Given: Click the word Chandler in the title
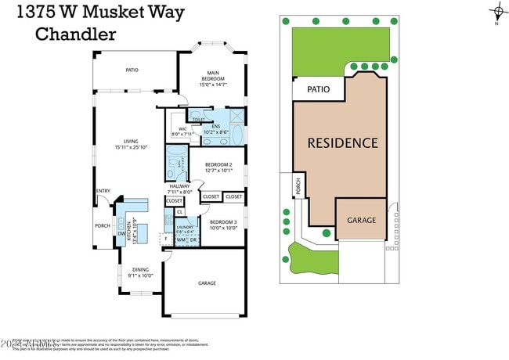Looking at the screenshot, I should (x=76, y=34).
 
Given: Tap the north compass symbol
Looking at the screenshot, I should (x=497, y=12).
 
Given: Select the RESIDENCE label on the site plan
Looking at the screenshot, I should (x=342, y=143).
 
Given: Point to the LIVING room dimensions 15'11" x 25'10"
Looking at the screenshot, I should (x=131, y=147).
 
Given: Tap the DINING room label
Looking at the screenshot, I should (x=141, y=270).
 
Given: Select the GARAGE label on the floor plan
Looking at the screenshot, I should (x=207, y=283).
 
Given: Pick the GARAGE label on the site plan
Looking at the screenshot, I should (x=362, y=221).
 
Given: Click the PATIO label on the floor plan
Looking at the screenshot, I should (x=132, y=70).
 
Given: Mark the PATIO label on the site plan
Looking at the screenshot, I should (x=318, y=90).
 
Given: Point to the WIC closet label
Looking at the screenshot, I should (x=182, y=129).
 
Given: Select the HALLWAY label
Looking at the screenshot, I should (x=179, y=186).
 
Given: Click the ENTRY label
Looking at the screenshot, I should (x=103, y=192).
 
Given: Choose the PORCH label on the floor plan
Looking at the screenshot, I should (x=103, y=226).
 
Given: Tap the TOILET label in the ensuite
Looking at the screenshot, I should (x=209, y=120).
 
